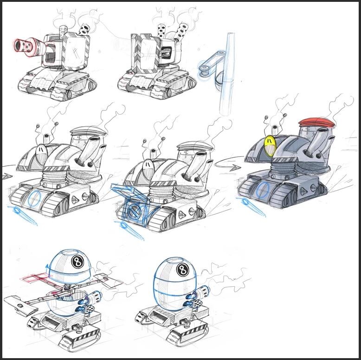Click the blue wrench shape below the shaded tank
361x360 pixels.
pyautogui.click(x=252, y=205)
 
